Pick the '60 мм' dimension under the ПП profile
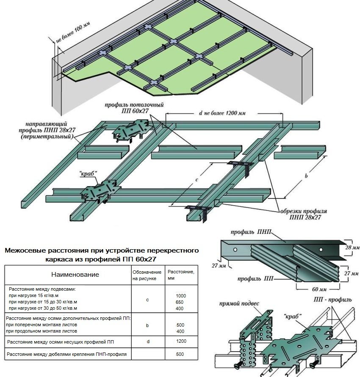coord(316,290)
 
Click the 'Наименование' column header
coord(75,275)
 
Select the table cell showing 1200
coord(180,341)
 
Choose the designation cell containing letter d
coord(148,341)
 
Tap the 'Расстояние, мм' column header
coord(180,275)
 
